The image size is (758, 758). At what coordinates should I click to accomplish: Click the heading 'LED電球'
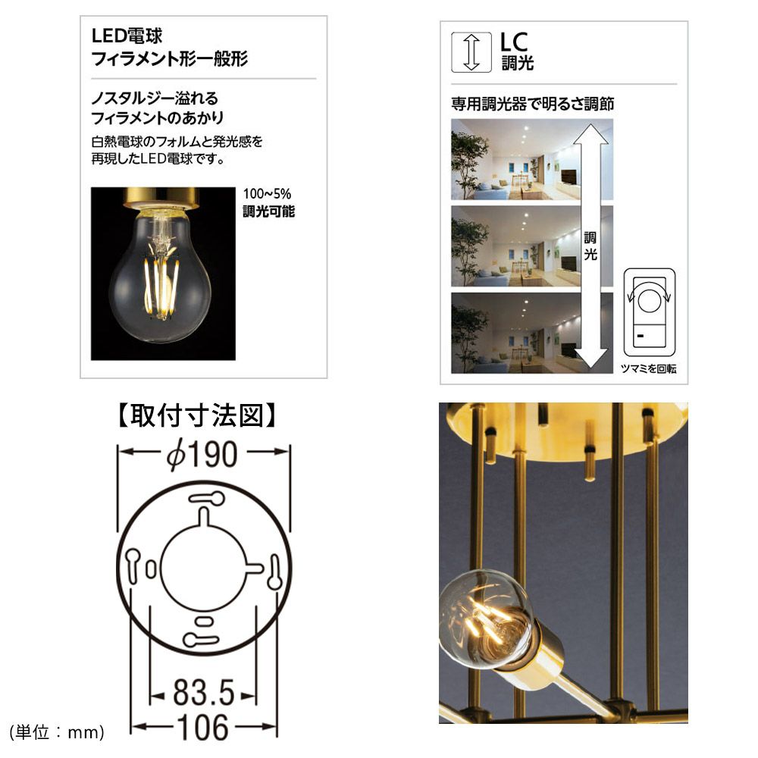(x=127, y=36)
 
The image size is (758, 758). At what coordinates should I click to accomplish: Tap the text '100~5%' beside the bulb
(x=267, y=194)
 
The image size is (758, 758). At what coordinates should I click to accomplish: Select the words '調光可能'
(x=269, y=211)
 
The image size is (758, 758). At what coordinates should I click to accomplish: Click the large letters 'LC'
(x=514, y=42)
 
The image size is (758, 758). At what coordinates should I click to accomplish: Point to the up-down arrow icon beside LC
(x=471, y=52)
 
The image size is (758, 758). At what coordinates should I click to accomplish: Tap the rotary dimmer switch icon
(x=650, y=313)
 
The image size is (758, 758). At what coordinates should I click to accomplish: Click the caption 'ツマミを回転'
(x=648, y=368)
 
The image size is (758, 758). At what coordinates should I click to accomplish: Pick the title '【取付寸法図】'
(x=197, y=415)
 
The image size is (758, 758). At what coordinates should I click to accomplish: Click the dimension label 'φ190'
(x=202, y=454)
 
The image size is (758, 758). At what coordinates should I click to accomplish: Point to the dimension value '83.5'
(x=203, y=693)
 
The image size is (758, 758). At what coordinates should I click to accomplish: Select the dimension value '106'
(x=203, y=728)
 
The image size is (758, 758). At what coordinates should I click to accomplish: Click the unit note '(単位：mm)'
(x=57, y=732)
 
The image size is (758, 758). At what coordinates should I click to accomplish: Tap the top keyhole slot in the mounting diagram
(x=206, y=499)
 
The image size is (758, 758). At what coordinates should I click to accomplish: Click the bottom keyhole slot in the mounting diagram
(x=201, y=641)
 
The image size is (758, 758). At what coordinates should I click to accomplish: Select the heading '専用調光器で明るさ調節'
(x=532, y=103)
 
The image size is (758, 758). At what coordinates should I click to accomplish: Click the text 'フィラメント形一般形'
(x=170, y=59)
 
